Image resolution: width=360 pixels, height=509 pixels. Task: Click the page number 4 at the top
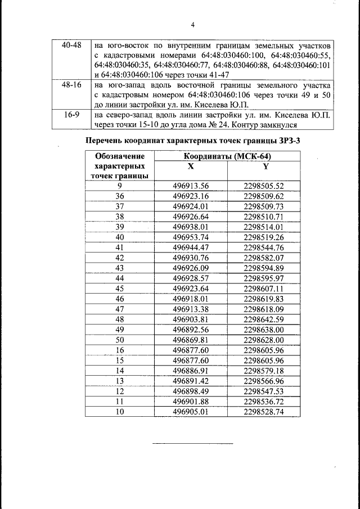click(192, 25)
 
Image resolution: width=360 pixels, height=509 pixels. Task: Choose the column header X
click(191, 166)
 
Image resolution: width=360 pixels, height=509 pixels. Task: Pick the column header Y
click(264, 166)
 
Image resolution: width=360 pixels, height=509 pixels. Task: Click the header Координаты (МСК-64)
click(227, 157)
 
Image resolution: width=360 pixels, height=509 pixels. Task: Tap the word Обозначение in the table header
click(119, 157)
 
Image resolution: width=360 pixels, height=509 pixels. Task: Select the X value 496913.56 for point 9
click(191, 186)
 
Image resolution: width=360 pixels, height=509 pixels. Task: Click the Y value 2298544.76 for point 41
click(264, 247)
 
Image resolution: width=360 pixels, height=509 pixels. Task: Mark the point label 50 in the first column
click(119, 340)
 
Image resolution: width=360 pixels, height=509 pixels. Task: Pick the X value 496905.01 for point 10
click(191, 412)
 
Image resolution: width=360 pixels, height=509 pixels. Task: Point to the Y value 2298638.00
click(264, 330)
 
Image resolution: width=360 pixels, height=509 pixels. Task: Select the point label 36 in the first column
click(119, 196)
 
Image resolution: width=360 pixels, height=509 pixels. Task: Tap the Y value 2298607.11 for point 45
click(264, 288)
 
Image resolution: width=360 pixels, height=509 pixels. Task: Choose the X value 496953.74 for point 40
click(191, 237)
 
